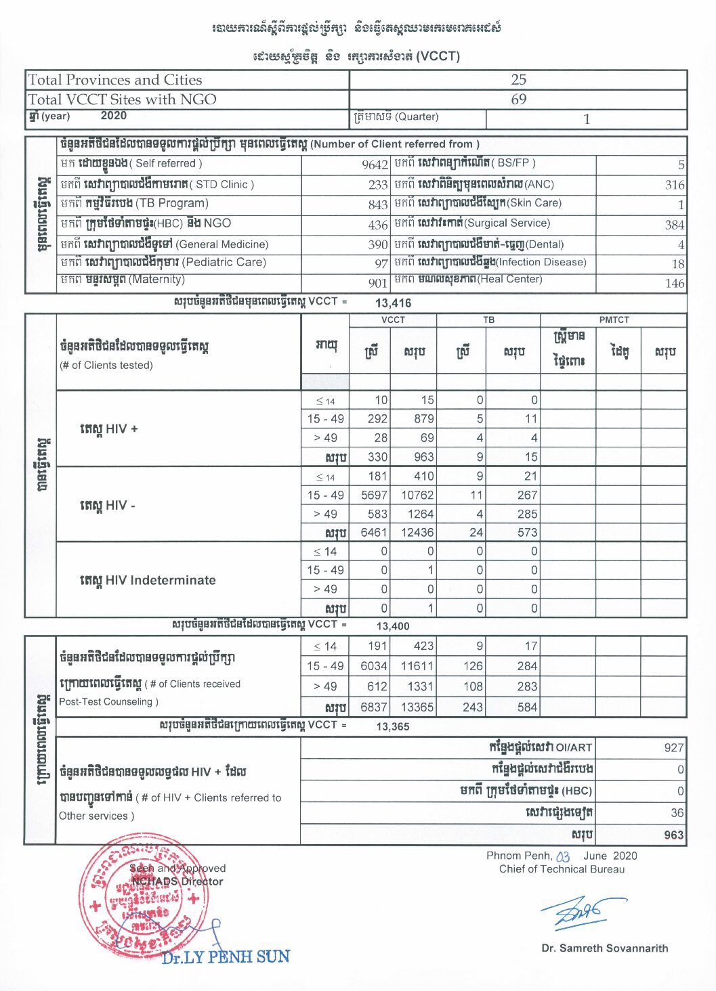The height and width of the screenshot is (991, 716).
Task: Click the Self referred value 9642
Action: (375, 164)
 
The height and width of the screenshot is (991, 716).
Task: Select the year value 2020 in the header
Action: (113, 116)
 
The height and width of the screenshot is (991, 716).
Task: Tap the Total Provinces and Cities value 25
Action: (518, 79)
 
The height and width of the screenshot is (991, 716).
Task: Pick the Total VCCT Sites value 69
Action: (518, 100)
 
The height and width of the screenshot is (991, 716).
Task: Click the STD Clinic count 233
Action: (378, 185)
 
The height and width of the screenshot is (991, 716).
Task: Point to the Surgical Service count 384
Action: (675, 225)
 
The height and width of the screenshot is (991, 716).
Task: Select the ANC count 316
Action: (675, 185)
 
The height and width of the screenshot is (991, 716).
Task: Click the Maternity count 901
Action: (378, 283)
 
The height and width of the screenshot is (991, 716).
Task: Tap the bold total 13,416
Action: (393, 303)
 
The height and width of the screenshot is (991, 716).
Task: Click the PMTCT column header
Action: (614, 320)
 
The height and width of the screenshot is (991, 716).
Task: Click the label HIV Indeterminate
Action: (148, 580)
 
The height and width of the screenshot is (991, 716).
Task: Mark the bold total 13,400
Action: (393, 626)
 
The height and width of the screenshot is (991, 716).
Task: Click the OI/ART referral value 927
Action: (674, 747)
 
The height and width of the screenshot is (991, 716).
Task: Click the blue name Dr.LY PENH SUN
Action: (226, 957)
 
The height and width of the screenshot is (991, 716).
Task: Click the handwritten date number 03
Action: (563, 857)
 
